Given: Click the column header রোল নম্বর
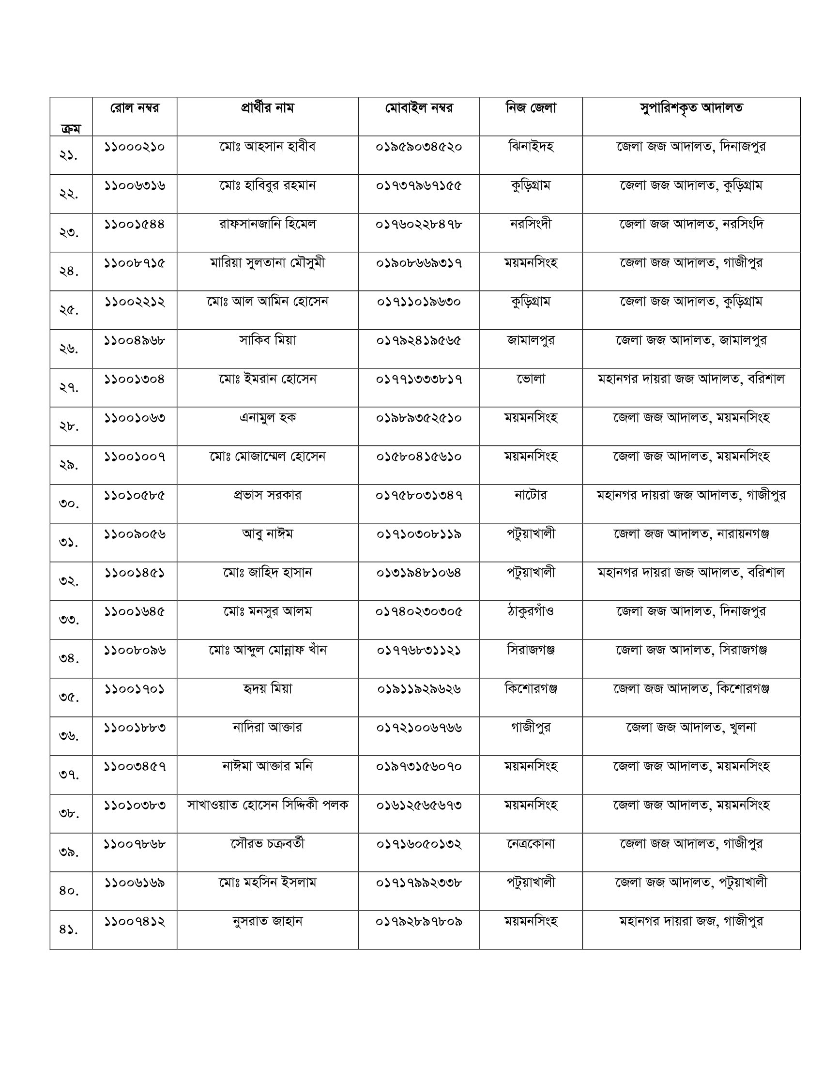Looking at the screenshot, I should pyautogui.click(x=134, y=108).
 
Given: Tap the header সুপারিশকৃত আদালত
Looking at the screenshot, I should pyautogui.click(x=691, y=108).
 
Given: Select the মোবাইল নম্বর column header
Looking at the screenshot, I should pyautogui.click(x=419, y=108).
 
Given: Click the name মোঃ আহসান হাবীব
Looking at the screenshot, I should pyautogui.click(x=267, y=146).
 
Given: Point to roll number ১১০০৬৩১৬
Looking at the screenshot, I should pyautogui.click(x=134, y=185).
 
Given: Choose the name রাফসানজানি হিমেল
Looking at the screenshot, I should pyautogui.click(x=267, y=224).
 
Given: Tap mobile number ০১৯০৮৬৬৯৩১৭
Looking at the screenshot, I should pyautogui.click(x=419, y=263).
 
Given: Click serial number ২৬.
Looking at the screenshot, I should pyautogui.click(x=69, y=349).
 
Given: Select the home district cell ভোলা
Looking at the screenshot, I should pyautogui.click(x=531, y=379).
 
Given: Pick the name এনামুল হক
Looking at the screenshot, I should pyautogui.click(x=267, y=418).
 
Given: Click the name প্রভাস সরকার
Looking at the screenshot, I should pyautogui.click(x=267, y=495).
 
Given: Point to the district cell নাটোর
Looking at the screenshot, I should pyautogui.click(x=531, y=495).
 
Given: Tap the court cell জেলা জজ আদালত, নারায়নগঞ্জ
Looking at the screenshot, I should pyautogui.click(x=691, y=534).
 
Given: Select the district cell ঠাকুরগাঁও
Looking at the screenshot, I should pyautogui.click(x=531, y=611).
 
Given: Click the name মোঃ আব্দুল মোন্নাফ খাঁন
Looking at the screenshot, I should pyautogui.click(x=267, y=650).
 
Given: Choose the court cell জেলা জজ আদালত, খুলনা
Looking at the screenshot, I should pyautogui.click(x=691, y=728).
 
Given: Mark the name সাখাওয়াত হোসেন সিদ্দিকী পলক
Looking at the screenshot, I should pyautogui.click(x=267, y=805).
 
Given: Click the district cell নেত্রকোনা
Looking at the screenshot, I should pyautogui.click(x=531, y=844).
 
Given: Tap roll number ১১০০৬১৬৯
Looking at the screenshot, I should pyautogui.click(x=134, y=882).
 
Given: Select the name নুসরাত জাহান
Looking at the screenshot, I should pyautogui.click(x=267, y=921).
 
